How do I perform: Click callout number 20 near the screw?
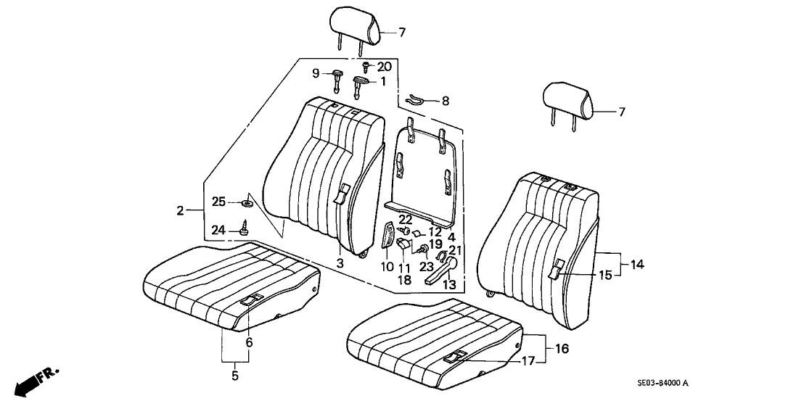tap(384, 66)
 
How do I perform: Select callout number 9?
tap(316, 73)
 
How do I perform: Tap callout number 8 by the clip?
tap(445, 102)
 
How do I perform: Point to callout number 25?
tap(218, 201)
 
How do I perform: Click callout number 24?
tap(218, 229)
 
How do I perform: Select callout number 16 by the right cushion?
tap(562, 349)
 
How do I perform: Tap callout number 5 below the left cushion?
tap(234, 376)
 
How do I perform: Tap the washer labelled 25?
tap(245, 203)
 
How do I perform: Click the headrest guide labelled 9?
tap(340, 75)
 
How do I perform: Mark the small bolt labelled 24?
tap(244, 228)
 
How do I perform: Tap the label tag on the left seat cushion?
tap(252, 299)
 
